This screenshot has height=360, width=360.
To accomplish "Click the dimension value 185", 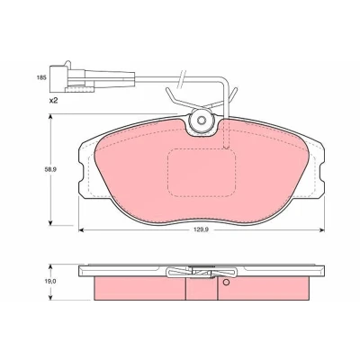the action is point(41,77).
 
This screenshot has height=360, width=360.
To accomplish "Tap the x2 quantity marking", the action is point(53,101).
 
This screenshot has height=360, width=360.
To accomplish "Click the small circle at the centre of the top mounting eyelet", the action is point(202,120).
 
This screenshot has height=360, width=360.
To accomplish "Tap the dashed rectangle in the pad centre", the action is point(202,173).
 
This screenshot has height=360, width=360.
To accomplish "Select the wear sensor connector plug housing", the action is point(58,78).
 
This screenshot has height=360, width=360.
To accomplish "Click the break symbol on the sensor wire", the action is point(182,78).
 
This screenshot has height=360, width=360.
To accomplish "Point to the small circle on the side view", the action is point(226,282).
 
